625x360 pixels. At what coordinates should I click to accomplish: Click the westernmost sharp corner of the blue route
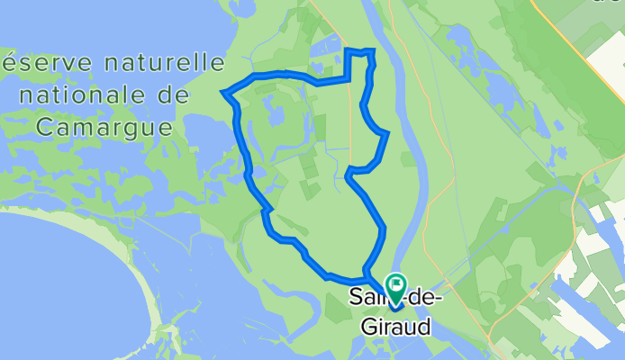[x=223, y=91]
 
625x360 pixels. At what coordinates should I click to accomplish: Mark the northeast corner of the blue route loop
[x=372, y=51]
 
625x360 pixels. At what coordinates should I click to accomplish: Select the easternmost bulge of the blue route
[x=386, y=135]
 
